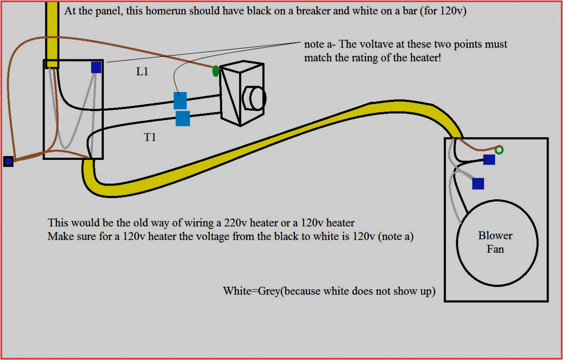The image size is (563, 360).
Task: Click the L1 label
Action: (142, 72)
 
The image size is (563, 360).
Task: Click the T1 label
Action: (150, 137)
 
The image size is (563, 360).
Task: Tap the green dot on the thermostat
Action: (215, 71)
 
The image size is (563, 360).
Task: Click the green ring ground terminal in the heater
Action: (499, 150)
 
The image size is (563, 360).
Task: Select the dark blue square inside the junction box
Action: (96, 67)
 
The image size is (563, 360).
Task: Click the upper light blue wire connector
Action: (180, 101)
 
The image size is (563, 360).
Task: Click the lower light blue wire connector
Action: (183, 119)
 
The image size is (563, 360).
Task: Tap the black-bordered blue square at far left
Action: (8, 162)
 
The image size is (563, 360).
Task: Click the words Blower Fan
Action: (495, 242)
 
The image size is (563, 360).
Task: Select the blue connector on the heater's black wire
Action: (489, 160)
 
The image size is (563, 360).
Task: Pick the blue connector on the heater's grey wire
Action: (478, 184)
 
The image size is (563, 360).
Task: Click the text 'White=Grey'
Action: (251, 291)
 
